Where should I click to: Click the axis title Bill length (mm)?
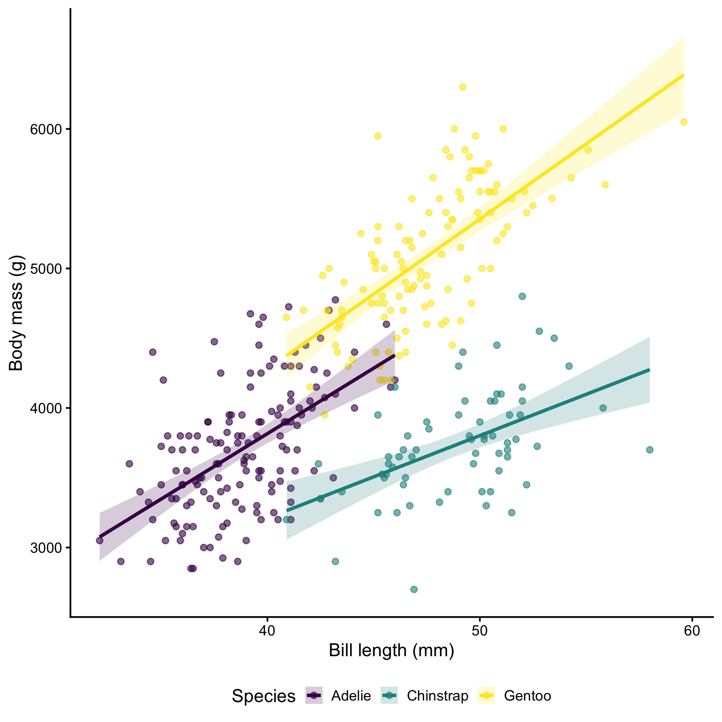click(391, 651)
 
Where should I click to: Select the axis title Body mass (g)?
click(17, 313)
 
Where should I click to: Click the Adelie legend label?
click(351, 696)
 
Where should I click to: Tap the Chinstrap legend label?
click(437, 696)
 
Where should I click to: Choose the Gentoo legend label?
click(527, 696)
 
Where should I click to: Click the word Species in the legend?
click(264, 696)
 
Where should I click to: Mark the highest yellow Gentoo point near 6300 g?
click(463, 87)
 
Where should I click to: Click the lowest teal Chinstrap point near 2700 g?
click(414, 589)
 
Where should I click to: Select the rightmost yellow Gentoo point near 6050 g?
click(684, 122)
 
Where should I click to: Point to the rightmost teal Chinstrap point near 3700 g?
click(650, 450)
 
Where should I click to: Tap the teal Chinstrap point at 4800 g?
click(522, 296)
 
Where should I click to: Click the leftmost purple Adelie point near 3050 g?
click(100, 540)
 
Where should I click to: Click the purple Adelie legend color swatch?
click(314, 695)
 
